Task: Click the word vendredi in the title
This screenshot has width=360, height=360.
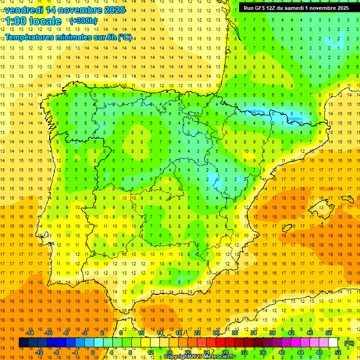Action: [23, 10]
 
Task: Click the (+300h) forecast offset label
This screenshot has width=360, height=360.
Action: [83, 21]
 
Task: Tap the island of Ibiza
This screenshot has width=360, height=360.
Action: [287, 228]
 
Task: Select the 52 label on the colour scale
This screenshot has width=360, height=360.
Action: [338, 352]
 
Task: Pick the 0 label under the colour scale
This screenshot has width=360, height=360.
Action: [92, 352]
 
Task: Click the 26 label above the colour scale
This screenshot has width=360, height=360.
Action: [216, 333]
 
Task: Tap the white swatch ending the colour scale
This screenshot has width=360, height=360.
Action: [333, 343]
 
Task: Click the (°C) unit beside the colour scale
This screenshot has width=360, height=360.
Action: [349, 343]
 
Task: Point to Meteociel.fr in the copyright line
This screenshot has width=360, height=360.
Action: [220, 357]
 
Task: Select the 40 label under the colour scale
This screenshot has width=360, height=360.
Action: [282, 352]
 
